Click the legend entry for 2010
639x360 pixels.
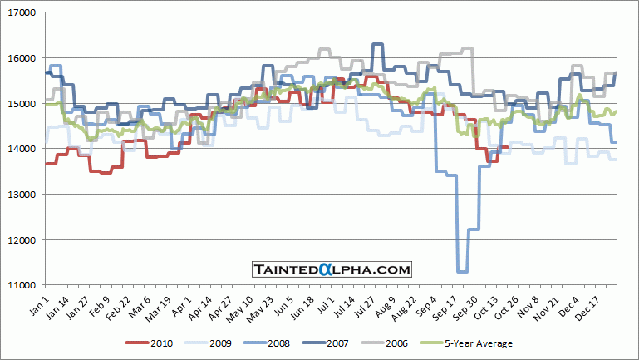point(150,343)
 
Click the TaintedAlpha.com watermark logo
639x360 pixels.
point(332,269)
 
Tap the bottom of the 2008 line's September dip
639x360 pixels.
point(462,271)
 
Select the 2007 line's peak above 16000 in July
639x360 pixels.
point(377,44)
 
